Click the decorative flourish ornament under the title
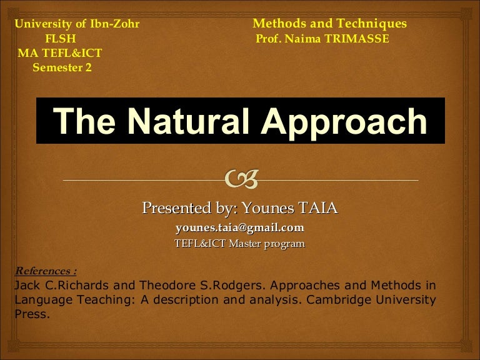tap(241, 180)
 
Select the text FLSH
tap(61, 37)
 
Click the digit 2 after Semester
tap(88, 67)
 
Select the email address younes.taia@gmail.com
tap(240, 227)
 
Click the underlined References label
tap(45, 271)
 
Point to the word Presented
tap(177, 207)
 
